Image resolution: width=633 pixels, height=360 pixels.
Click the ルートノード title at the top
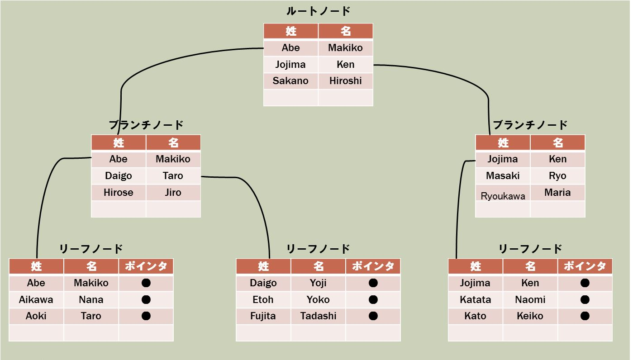[x=318, y=11]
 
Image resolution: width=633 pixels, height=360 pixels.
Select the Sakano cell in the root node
[x=290, y=81]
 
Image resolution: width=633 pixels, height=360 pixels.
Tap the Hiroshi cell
[x=345, y=81]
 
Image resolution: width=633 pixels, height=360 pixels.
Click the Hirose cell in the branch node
[x=118, y=193]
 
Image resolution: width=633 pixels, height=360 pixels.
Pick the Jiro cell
[x=173, y=193]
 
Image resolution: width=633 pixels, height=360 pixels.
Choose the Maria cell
[x=557, y=193]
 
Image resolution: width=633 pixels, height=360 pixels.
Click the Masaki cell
[x=503, y=176]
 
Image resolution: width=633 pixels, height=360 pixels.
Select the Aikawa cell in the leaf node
[x=36, y=300]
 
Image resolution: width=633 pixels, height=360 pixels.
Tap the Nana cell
[x=91, y=300]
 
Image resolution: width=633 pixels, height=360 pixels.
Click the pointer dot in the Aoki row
[x=146, y=316]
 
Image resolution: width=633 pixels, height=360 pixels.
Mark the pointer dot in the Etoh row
[x=373, y=300]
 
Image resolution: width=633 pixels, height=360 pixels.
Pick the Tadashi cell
[x=318, y=316]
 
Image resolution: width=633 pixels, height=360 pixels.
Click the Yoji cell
[x=318, y=283]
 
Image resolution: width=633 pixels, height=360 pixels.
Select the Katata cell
[x=475, y=300]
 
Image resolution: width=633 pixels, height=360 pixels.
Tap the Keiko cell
[x=530, y=316]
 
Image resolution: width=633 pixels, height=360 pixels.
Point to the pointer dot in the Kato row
[x=585, y=316]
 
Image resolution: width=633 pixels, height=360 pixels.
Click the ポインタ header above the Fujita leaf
[x=373, y=266]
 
